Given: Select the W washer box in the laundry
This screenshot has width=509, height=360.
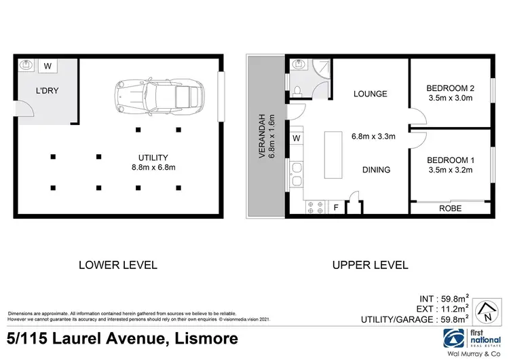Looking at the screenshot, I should (x=48, y=66).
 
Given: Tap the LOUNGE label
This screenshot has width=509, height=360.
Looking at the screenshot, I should (x=370, y=94).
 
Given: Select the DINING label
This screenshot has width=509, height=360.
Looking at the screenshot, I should (x=376, y=170).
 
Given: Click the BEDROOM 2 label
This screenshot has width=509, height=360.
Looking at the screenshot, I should (x=449, y=88).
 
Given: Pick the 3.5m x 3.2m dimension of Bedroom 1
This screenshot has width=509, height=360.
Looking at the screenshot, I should (x=449, y=172).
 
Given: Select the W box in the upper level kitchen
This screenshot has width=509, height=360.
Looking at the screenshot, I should (x=296, y=139).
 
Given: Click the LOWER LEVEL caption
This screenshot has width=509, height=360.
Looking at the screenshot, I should (x=118, y=264).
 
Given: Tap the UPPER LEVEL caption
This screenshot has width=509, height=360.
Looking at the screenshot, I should (x=370, y=264).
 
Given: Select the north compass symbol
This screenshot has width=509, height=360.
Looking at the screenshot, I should (x=484, y=312).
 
